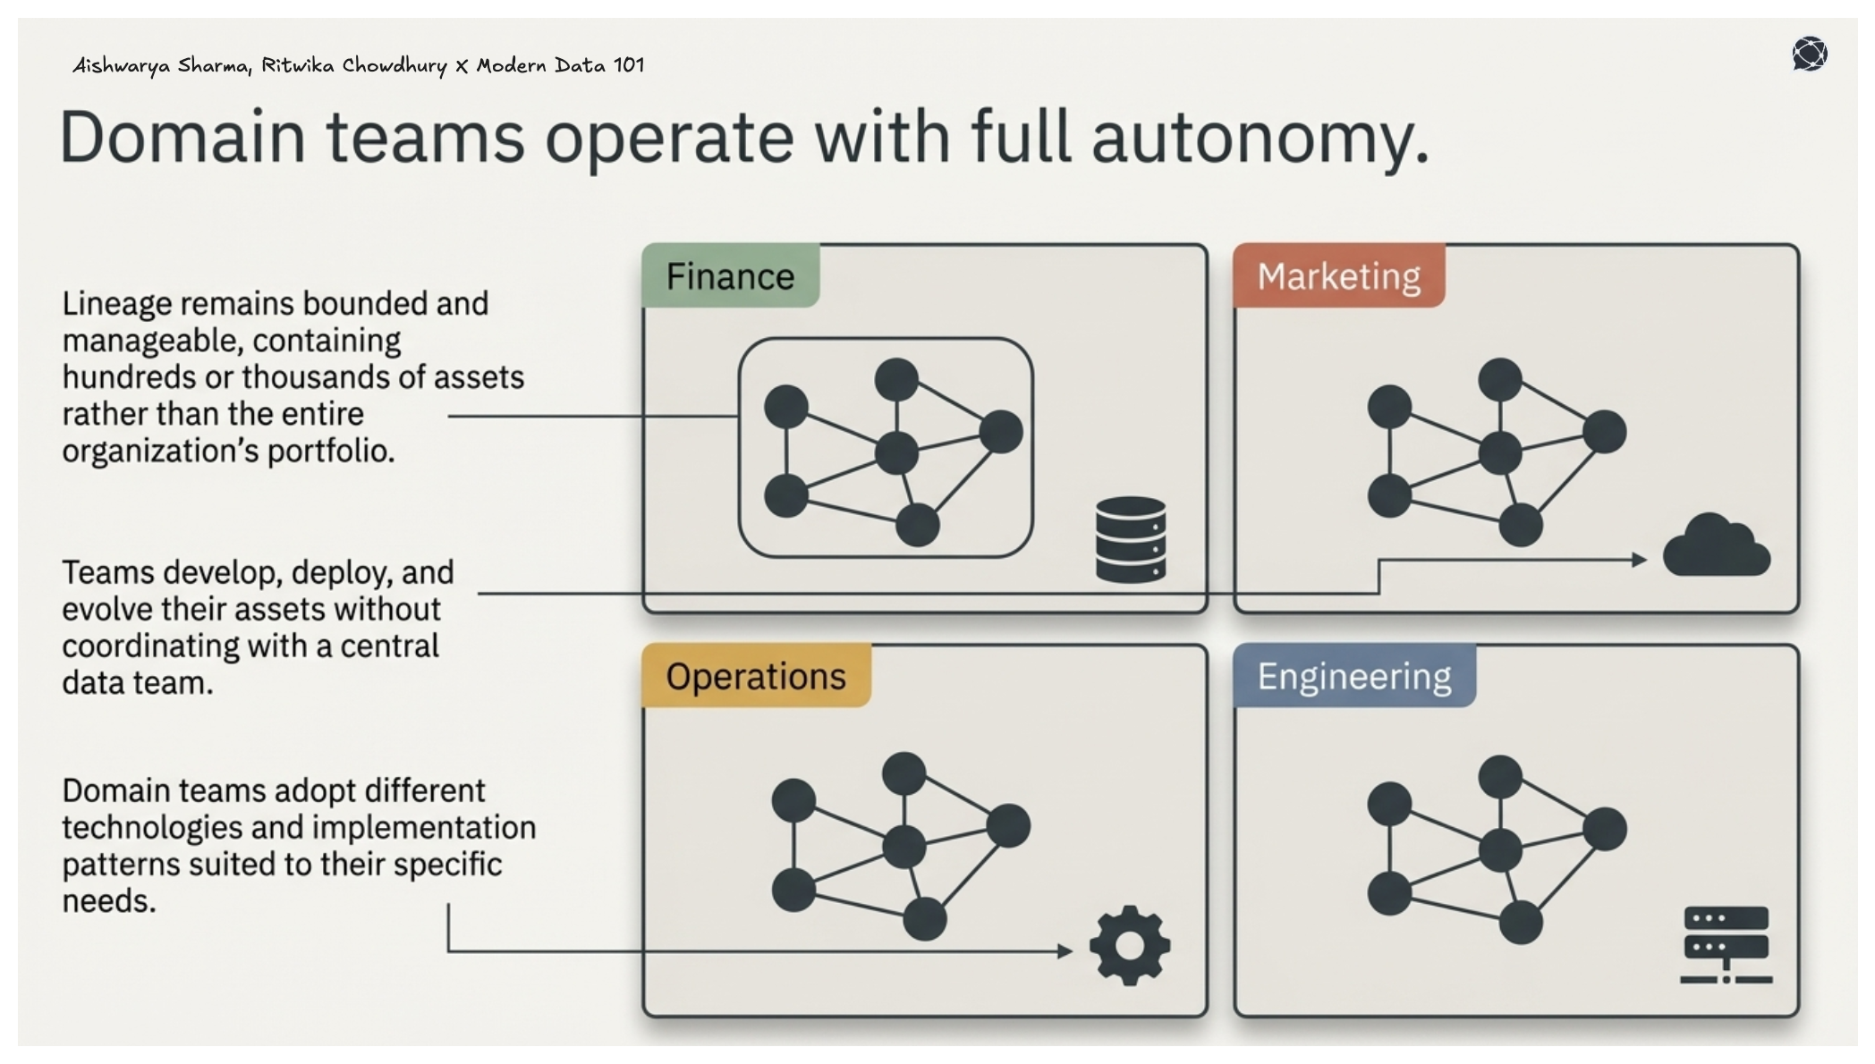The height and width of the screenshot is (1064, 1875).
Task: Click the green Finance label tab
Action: pos(730,276)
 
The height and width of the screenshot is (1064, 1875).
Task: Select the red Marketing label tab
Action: pos(1338,276)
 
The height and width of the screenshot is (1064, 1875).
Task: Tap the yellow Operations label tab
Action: pos(756,677)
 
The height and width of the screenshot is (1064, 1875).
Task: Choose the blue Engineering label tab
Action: pos(1353,677)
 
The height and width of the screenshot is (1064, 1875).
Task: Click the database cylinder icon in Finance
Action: pos(1130,540)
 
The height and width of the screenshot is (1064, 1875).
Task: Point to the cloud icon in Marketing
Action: pos(1716,547)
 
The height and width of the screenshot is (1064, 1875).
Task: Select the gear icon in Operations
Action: pos(1129,945)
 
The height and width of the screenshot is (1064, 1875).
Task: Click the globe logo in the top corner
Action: pos(1809,54)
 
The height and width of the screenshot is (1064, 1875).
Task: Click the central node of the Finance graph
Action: pos(896,452)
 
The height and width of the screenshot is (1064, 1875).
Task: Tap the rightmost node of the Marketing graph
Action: pos(1604,432)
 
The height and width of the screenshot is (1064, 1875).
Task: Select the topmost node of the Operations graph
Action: pos(904,773)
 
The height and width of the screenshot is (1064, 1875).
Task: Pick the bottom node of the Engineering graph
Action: pos(1520,923)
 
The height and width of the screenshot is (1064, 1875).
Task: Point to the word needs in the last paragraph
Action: pos(107,901)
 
